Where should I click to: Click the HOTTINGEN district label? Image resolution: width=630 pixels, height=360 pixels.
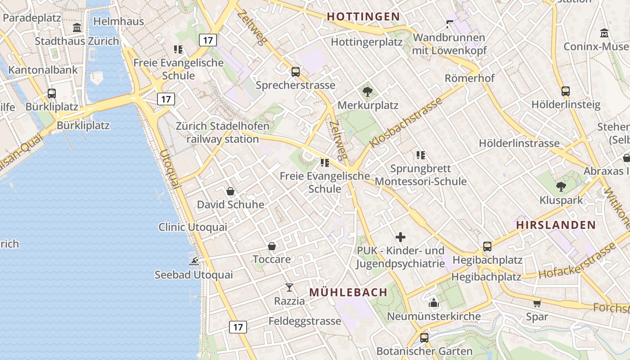point(363,17)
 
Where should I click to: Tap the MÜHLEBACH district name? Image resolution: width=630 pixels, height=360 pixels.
point(348,292)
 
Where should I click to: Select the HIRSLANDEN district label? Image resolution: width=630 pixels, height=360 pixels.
point(556,225)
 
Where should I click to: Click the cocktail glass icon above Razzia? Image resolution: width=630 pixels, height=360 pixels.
point(289,287)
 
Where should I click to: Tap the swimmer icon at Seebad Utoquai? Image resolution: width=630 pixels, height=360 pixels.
point(194,261)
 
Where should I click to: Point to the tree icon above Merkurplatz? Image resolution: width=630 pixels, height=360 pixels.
point(368,92)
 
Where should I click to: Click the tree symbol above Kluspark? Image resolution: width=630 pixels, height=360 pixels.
point(561,186)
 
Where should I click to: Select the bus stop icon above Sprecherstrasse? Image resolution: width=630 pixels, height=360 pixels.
point(296,72)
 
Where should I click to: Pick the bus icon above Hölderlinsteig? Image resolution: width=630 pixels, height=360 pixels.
point(566,91)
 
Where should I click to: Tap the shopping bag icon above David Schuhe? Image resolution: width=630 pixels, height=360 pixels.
point(230,191)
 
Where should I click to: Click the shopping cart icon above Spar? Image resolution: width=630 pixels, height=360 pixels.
point(537,303)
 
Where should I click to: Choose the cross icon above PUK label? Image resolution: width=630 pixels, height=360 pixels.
point(400,237)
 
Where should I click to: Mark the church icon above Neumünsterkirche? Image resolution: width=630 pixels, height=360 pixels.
point(434,303)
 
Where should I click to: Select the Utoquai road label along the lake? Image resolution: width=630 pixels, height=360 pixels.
point(170,168)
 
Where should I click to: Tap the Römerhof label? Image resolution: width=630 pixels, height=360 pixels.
point(469,78)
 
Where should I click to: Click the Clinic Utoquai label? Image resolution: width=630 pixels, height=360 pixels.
point(193,227)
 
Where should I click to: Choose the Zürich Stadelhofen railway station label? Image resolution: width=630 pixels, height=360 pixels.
point(222,133)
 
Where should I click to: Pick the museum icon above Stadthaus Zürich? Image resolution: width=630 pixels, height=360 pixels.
point(77,28)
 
